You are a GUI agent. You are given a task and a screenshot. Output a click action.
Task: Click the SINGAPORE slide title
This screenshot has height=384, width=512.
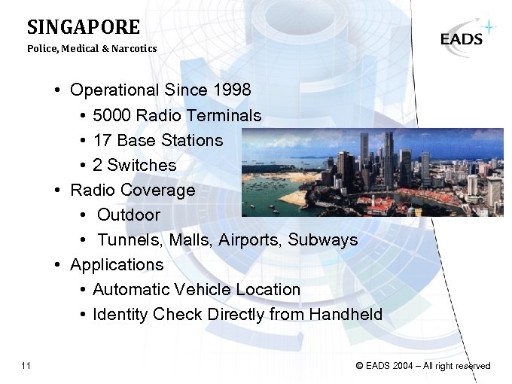coord(84,28)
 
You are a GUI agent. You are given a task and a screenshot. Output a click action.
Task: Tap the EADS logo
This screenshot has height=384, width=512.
coord(462,38)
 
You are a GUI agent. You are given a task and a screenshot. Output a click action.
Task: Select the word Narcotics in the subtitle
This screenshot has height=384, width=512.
coord(136,49)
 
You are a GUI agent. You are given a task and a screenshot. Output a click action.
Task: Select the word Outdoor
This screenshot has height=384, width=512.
coord(129,215)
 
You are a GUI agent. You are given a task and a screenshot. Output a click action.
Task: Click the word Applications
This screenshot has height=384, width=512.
coord(117,265)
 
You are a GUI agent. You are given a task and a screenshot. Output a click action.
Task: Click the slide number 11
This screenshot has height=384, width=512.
coord(26,366)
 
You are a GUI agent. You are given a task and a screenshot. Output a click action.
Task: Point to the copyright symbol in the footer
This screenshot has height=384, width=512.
coord(360,367)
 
